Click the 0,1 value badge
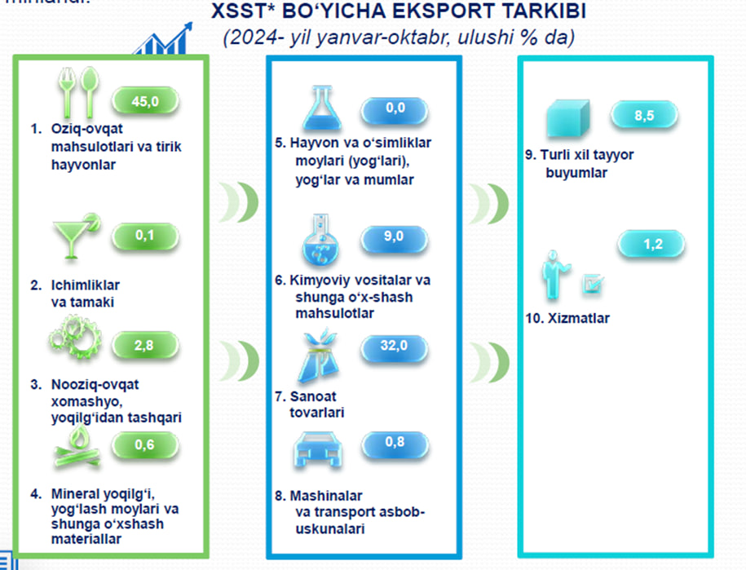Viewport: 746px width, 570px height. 145,236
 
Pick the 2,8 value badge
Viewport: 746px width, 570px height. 143,346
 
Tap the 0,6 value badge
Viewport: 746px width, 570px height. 144,444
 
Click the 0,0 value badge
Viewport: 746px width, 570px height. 395,108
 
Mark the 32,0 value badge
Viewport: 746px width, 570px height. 394,346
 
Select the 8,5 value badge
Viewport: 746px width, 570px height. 644,116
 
